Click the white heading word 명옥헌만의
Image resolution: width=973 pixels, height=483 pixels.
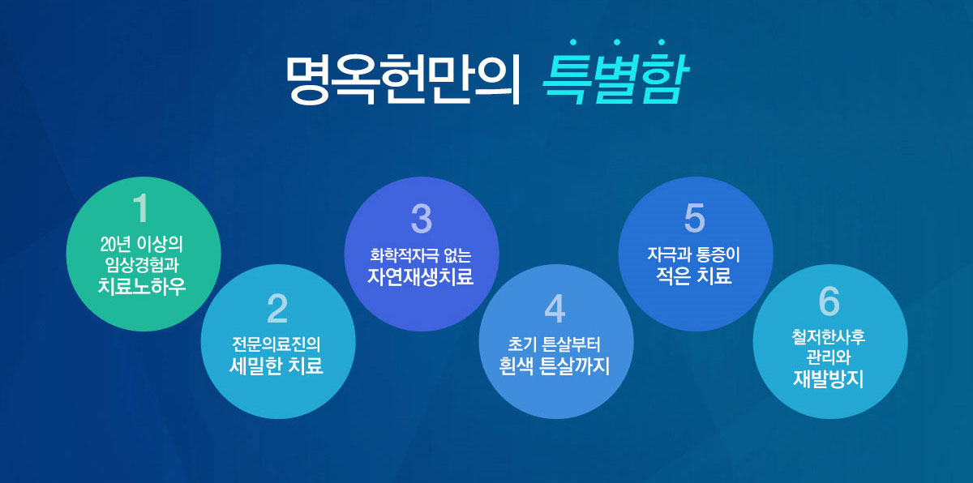click(x=403, y=79)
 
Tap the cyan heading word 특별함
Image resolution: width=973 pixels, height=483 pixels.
click(x=615, y=79)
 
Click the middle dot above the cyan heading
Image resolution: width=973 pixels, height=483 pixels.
click(x=617, y=42)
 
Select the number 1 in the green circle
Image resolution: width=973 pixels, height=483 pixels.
click(x=141, y=207)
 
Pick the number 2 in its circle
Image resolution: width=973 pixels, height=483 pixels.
click(x=277, y=309)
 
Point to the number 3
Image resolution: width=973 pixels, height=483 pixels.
click(x=422, y=218)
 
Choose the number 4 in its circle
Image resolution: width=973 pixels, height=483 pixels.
click(x=555, y=309)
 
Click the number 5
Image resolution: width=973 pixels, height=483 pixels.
click(x=695, y=218)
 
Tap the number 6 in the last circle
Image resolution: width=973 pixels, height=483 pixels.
click(x=829, y=301)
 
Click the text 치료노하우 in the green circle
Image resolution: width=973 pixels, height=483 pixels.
click(x=142, y=286)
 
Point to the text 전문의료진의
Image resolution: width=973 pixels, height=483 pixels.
click(x=276, y=344)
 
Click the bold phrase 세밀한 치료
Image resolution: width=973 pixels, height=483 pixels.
click(x=276, y=365)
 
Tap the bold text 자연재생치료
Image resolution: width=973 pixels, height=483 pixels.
click(x=421, y=276)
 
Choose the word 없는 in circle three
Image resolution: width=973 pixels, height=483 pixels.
click(x=457, y=254)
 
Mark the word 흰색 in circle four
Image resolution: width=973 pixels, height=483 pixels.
click(x=515, y=365)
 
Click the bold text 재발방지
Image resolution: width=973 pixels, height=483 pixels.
click(x=829, y=378)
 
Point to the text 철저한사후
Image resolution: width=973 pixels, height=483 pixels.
click(x=829, y=337)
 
